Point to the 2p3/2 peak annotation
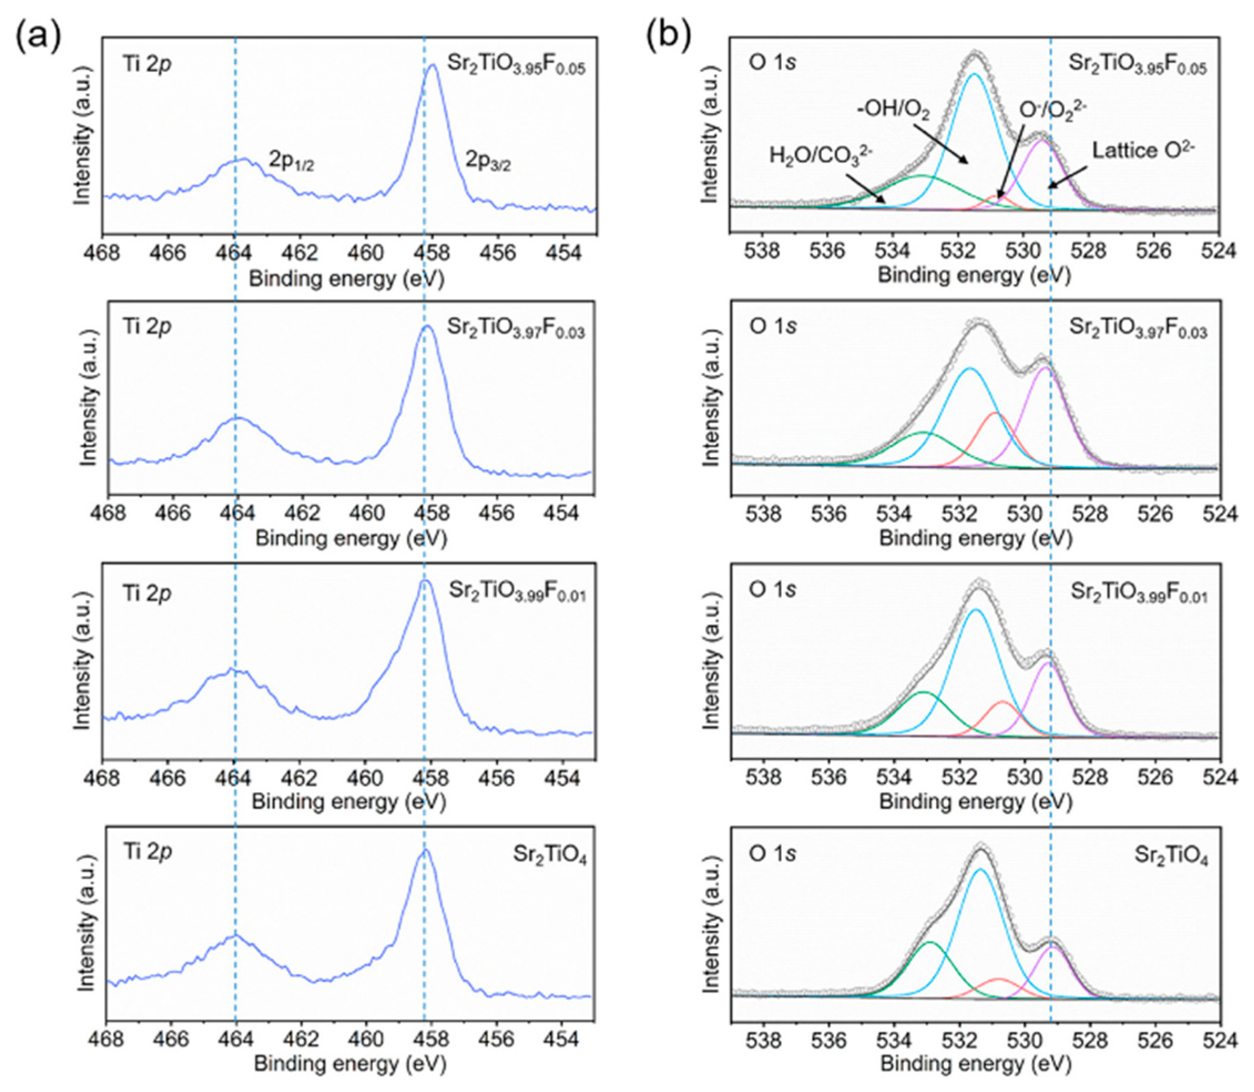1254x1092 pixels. click(488, 161)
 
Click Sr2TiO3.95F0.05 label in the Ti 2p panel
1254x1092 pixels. click(516, 66)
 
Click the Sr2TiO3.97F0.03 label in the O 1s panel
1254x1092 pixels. click(1138, 329)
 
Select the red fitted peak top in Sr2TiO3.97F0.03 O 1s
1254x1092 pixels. click(995, 413)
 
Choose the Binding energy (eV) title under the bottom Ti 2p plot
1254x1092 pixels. click(350, 1064)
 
